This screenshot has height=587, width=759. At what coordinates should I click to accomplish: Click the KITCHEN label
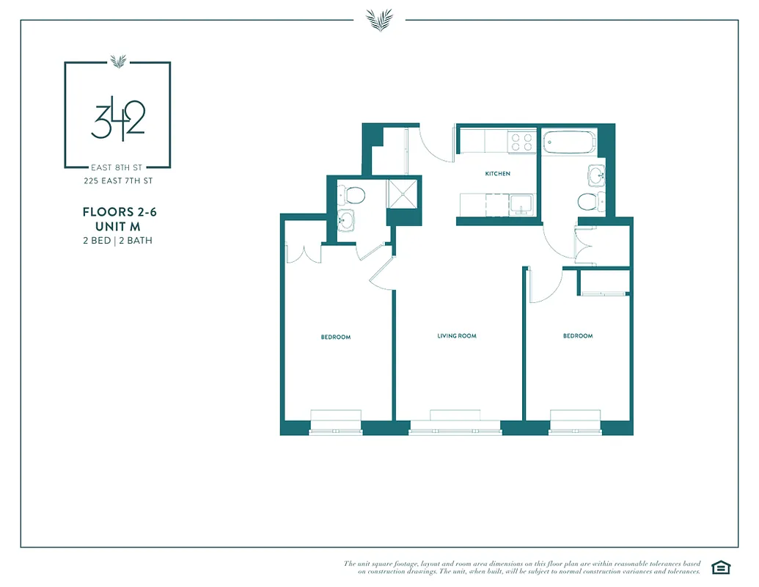point(497,174)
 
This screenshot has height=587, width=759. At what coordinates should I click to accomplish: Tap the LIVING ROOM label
point(457,336)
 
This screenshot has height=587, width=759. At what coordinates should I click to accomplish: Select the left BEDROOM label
point(335,338)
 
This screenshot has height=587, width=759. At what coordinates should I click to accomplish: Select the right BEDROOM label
point(578,336)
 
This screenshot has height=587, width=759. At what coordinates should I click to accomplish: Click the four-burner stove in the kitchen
point(521,142)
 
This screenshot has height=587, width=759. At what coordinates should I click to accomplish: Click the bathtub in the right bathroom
point(568,142)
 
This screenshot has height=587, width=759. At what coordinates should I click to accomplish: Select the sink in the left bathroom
point(345,220)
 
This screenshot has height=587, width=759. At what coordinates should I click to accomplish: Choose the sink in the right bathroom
point(596,175)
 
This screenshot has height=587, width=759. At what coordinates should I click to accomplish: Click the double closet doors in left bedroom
point(304,252)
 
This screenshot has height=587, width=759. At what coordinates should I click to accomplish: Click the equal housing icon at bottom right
point(721,566)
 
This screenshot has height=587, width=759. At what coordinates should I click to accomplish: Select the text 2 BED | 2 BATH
point(118,240)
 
